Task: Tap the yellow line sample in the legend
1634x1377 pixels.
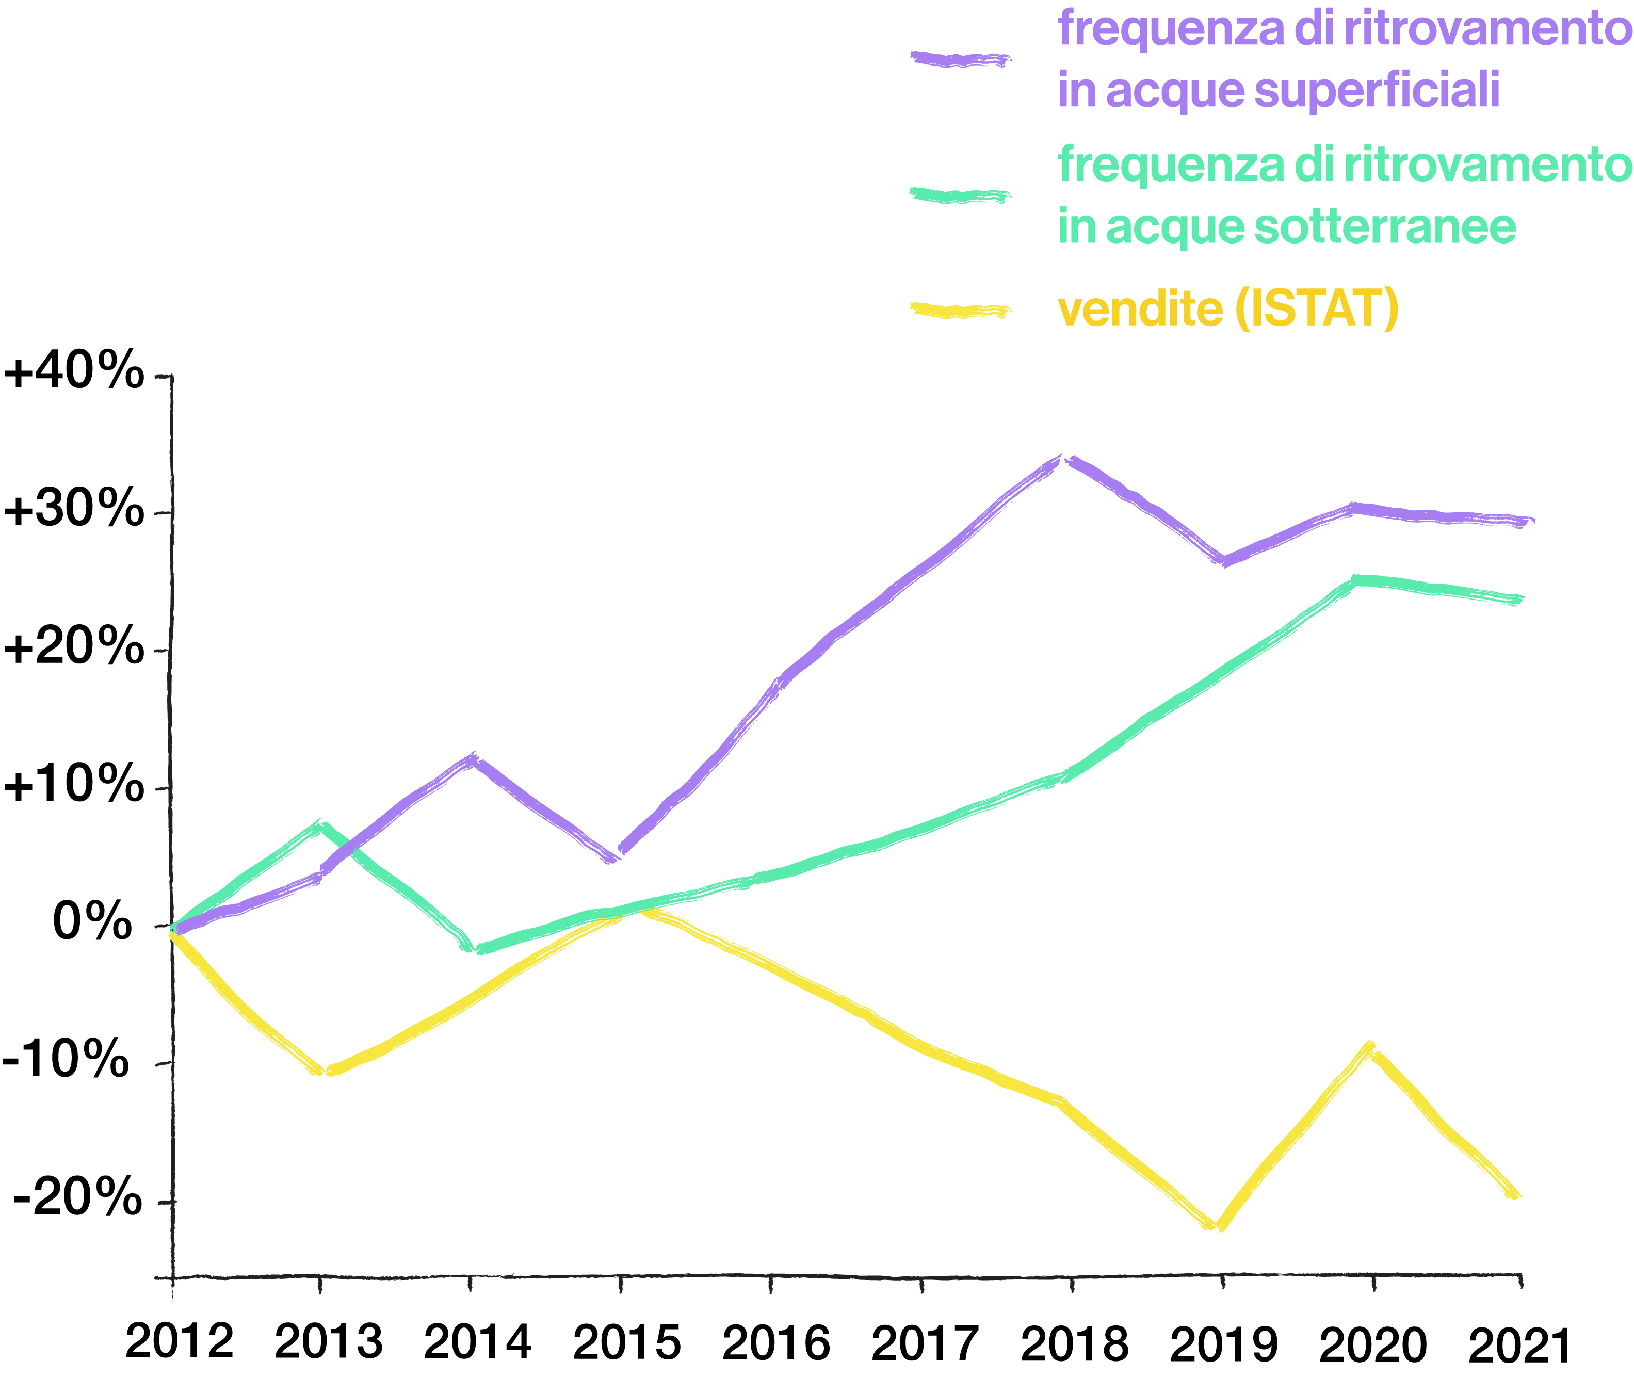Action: point(960,311)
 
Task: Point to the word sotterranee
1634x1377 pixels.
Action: point(1384,226)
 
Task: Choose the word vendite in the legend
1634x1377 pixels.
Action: point(1140,309)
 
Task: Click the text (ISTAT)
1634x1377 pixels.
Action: point(1317,309)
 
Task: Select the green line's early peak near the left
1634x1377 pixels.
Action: point(318,824)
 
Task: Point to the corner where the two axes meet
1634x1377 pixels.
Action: point(172,1278)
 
